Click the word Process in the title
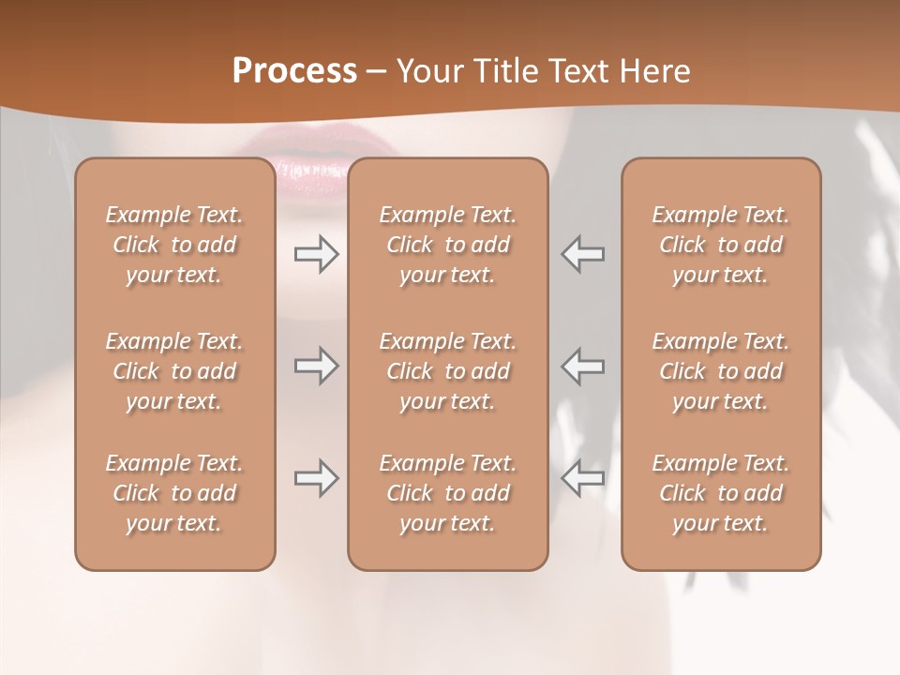(294, 71)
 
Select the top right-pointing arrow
(316, 254)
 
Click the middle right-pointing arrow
(316, 366)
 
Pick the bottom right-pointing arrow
(316, 478)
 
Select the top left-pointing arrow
(582, 254)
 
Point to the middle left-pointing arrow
(582, 366)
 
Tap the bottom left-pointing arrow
(582, 478)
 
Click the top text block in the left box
(174, 245)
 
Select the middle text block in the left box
(174, 371)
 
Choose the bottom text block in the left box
(174, 493)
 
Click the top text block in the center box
(448, 245)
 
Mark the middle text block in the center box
(448, 371)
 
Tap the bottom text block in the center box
(448, 493)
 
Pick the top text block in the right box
(721, 245)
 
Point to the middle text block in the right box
(721, 371)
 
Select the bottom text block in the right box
(721, 493)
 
